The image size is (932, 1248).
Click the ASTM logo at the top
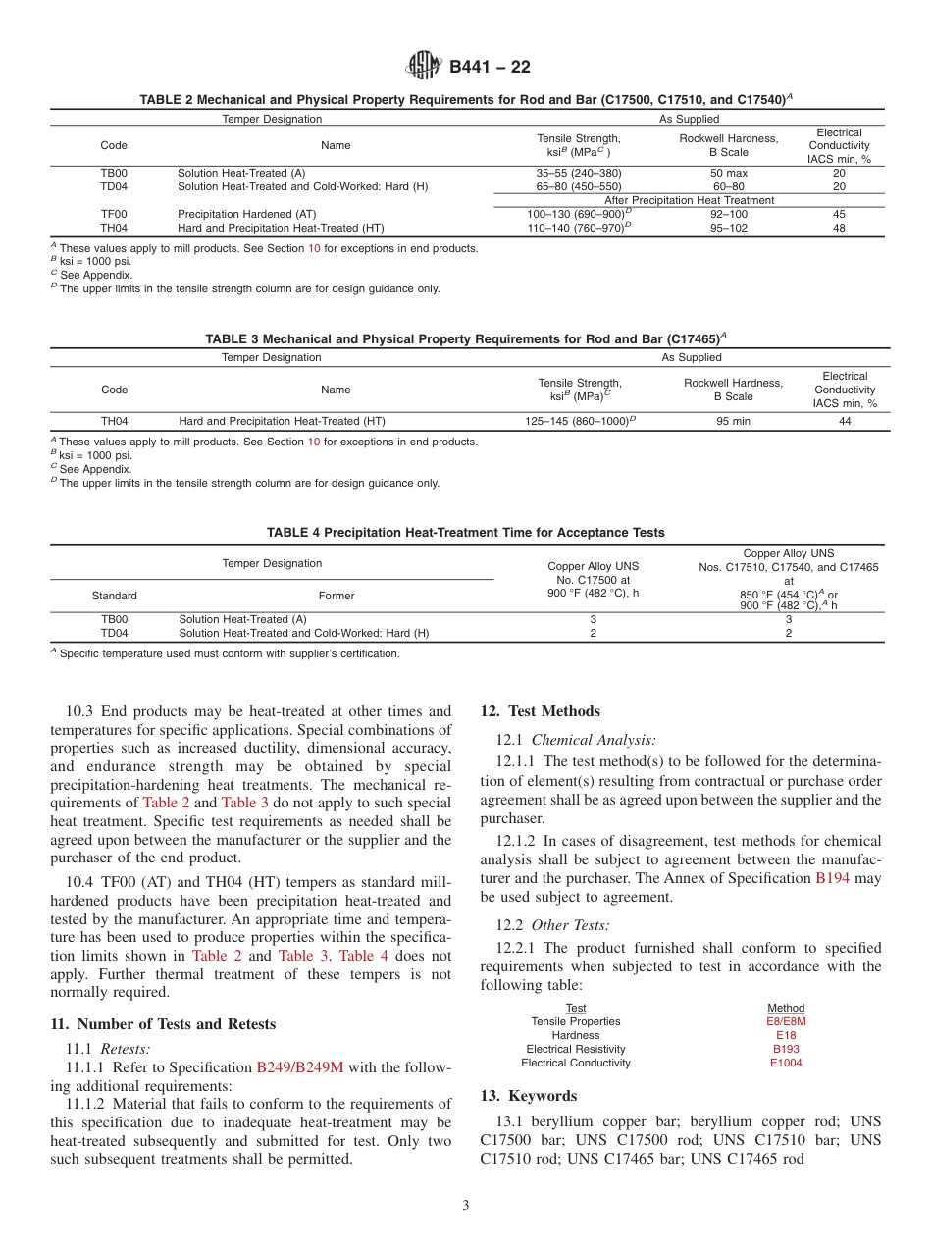(425, 67)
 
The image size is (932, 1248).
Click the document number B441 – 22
(490, 67)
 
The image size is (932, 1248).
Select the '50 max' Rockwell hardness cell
(728, 173)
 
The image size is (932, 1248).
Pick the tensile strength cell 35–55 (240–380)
(579, 173)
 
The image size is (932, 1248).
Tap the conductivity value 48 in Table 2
(839, 228)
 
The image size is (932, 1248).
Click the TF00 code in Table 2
(114, 214)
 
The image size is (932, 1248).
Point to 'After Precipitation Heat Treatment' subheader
(689, 200)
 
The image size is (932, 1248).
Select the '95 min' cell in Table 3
(733, 421)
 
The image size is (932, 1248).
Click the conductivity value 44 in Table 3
(845, 421)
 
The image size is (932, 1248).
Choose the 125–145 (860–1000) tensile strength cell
(581, 421)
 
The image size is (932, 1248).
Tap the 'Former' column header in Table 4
(337, 596)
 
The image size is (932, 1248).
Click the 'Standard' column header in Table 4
(114, 596)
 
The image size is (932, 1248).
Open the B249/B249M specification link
(299, 1068)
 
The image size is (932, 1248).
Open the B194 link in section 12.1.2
(833, 878)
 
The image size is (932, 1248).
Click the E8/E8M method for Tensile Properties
(786, 1021)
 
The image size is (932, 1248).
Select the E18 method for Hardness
(786, 1035)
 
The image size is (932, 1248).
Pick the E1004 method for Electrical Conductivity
(786, 1063)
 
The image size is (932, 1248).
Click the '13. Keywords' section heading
(529, 1096)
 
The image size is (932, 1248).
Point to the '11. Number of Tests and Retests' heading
(163, 1024)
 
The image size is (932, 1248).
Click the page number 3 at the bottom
(466, 1206)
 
